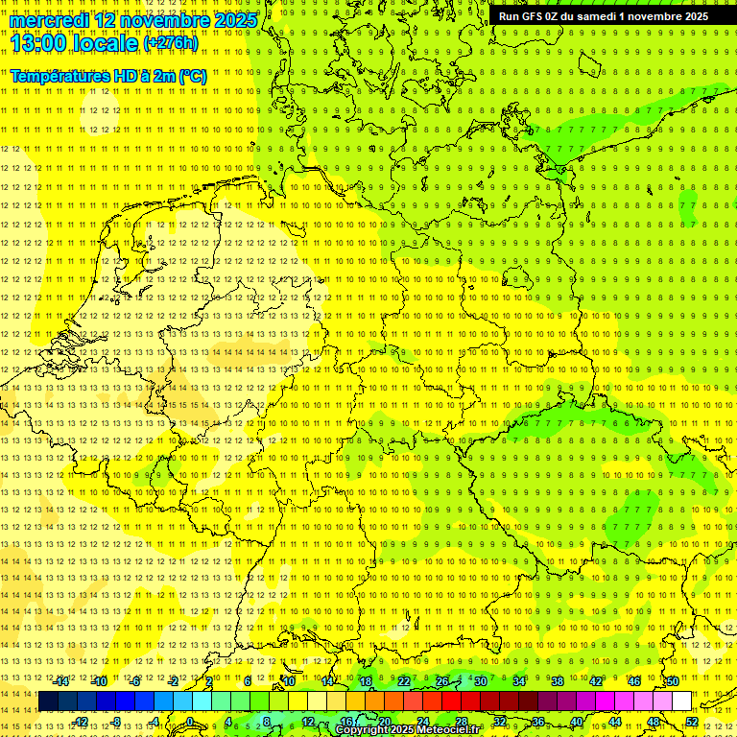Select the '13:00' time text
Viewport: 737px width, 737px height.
coord(41,43)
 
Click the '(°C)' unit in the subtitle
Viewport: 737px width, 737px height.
coord(191,76)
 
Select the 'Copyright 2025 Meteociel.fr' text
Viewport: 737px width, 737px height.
coord(407,729)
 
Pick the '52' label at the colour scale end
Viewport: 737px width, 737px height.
coord(692,721)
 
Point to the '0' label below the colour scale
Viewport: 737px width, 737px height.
coord(190,721)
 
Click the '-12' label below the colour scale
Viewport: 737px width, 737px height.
coord(81,721)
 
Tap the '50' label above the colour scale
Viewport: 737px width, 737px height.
coord(672,681)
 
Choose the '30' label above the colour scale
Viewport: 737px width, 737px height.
coord(480,681)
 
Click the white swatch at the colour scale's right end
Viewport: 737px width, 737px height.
coord(681,701)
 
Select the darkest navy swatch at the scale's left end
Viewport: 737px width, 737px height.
coord(48,701)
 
